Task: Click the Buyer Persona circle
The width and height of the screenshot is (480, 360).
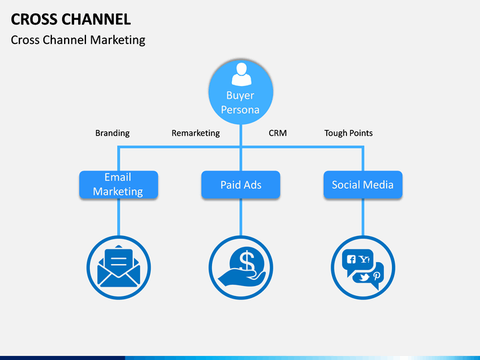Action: point(241,92)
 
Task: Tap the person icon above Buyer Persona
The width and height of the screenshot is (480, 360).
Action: point(241,74)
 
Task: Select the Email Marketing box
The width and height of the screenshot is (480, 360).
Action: point(119,185)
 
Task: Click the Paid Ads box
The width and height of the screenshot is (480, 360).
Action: point(241,185)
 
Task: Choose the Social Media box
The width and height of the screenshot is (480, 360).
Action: point(363,185)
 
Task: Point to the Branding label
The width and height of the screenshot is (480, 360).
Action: point(113,133)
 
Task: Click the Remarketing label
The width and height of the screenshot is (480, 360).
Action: point(195,133)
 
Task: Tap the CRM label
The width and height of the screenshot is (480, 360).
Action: point(277,133)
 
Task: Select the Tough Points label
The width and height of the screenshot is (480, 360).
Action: point(349,133)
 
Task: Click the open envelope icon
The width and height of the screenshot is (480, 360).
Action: point(119,266)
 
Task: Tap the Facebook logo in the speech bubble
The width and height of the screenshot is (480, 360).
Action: point(351,259)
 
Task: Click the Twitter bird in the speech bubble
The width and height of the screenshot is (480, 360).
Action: point(364,277)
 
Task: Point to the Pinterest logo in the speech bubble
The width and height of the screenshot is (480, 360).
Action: point(377,276)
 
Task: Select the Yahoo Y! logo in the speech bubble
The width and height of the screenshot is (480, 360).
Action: point(365,259)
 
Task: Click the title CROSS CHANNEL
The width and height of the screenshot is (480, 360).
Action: point(71,19)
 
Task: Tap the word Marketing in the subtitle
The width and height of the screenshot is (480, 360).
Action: point(117,40)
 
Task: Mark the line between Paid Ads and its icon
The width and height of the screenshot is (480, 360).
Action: point(241,217)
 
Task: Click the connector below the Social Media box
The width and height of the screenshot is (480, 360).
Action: point(363,217)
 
